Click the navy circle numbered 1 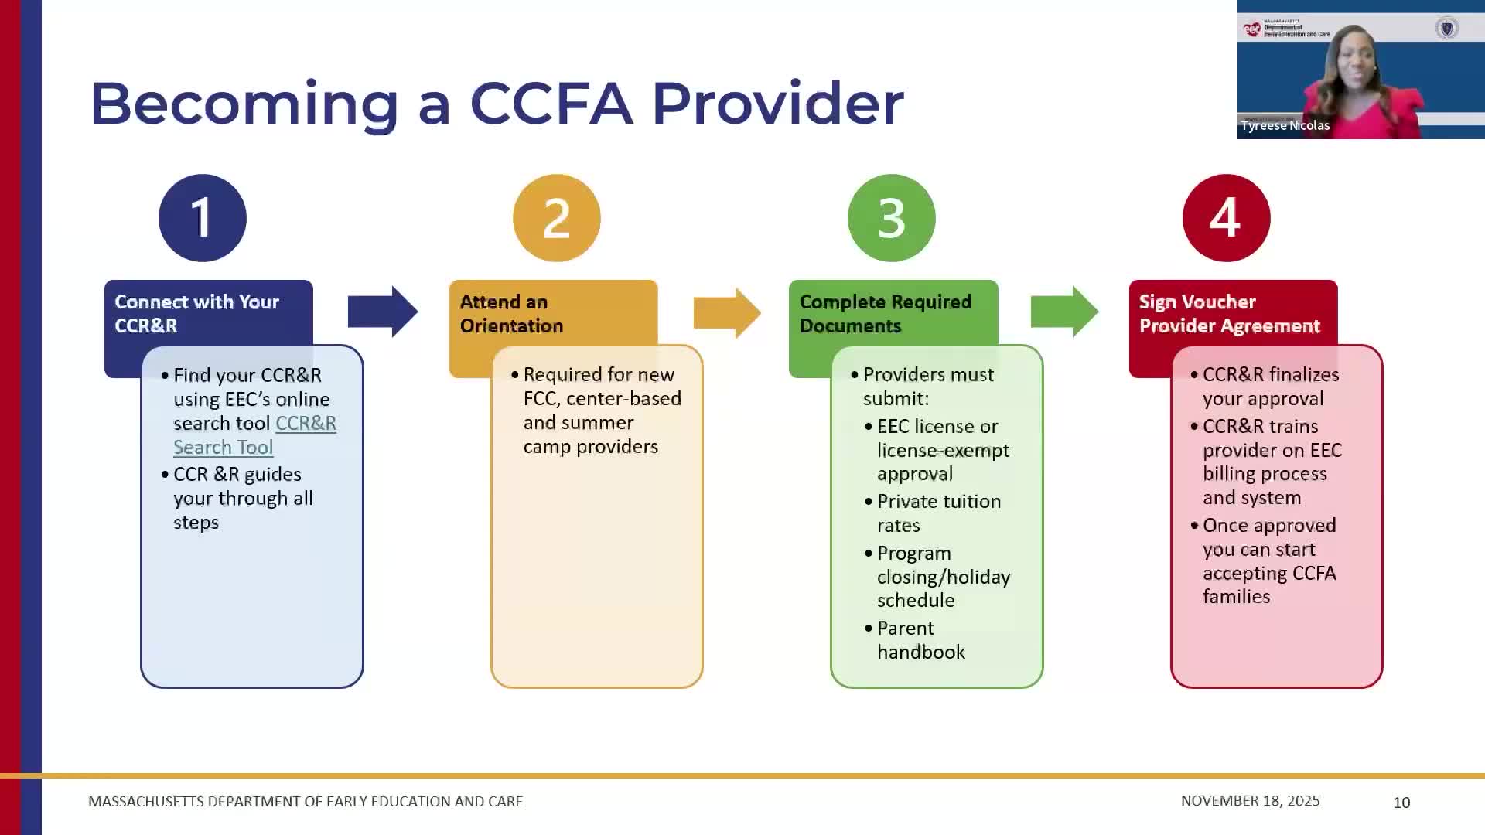click(x=203, y=218)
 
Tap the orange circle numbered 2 click(x=556, y=218)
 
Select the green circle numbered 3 click(x=891, y=218)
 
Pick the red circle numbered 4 click(x=1226, y=218)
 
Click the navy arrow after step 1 click(x=382, y=312)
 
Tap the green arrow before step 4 click(x=1063, y=312)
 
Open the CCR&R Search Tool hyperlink click(x=254, y=435)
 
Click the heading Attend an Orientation click(x=511, y=314)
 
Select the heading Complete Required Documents click(x=885, y=314)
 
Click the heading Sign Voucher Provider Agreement click(x=1228, y=314)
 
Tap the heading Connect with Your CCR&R click(x=196, y=314)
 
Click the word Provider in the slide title click(x=777, y=103)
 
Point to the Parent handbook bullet click(x=920, y=640)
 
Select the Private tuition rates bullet click(x=938, y=513)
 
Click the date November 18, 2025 click(x=1250, y=801)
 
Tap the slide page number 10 click(x=1401, y=803)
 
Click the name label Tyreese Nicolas click(x=1285, y=125)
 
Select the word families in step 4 click(x=1236, y=597)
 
